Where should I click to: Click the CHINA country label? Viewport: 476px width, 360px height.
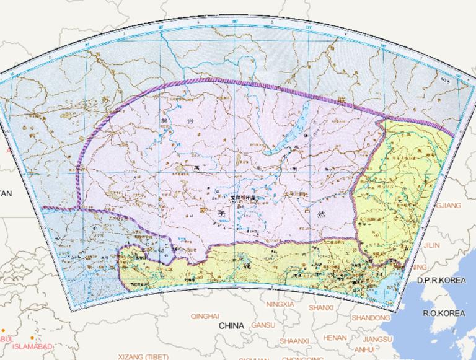click(x=232, y=325)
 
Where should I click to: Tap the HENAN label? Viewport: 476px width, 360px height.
click(x=335, y=338)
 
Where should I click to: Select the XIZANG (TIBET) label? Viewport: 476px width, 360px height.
click(x=143, y=357)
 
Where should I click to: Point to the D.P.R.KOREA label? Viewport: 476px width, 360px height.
click(x=441, y=281)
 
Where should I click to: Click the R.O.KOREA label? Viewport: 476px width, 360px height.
click(x=444, y=314)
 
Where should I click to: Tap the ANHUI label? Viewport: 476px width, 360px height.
click(x=356, y=349)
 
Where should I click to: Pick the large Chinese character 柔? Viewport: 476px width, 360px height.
click(x=221, y=213)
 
